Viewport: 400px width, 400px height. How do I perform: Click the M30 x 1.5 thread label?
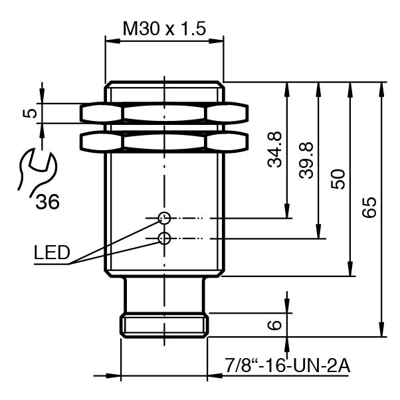click(164, 29)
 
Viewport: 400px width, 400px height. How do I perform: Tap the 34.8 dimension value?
click(275, 150)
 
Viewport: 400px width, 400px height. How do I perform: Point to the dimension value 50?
click(338, 179)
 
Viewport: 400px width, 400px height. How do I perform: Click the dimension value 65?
click(369, 207)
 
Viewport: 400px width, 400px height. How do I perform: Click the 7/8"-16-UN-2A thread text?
click(287, 365)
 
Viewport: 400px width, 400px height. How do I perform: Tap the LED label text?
click(51, 252)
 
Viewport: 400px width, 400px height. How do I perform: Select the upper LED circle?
click(164, 217)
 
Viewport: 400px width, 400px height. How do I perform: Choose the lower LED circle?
click(164, 238)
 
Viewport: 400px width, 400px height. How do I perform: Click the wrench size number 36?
click(47, 201)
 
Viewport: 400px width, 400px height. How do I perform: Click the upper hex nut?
click(164, 113)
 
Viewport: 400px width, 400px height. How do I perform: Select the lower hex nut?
click(164, 141)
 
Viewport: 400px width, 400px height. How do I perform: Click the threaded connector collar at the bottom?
click(164, 325)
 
